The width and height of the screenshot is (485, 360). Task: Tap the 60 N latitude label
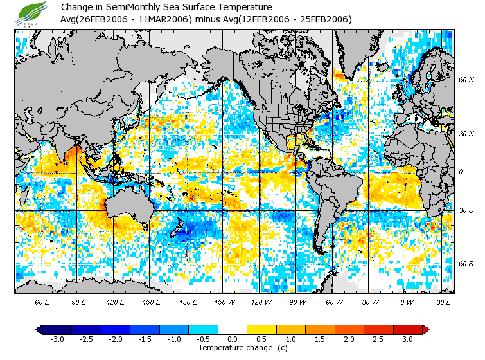click(x=466, y=80)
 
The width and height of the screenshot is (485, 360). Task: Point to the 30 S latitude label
click(x=466, y=210)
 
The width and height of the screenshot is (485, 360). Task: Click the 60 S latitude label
click(x=466, y=264)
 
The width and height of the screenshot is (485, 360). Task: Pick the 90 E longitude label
click(x=78, y=301)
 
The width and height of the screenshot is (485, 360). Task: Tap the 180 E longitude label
click(x=188, y=301)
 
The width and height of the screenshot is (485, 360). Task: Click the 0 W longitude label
click(x=407, y=301)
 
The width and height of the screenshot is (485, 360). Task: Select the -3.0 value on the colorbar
click(x=57, y=339)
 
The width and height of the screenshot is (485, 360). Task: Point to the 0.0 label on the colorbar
click(x=233, y=339)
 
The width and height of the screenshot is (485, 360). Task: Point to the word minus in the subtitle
click(x=206, y=19)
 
